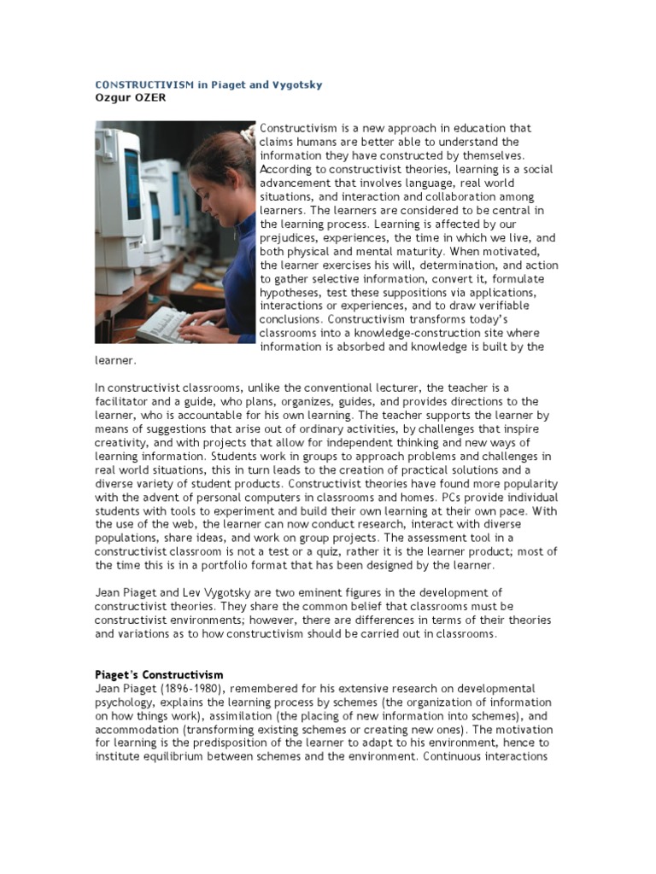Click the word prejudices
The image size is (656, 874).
pos(290,238)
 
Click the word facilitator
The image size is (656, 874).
pos(124,401)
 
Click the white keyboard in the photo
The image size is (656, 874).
pos(167,324)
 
